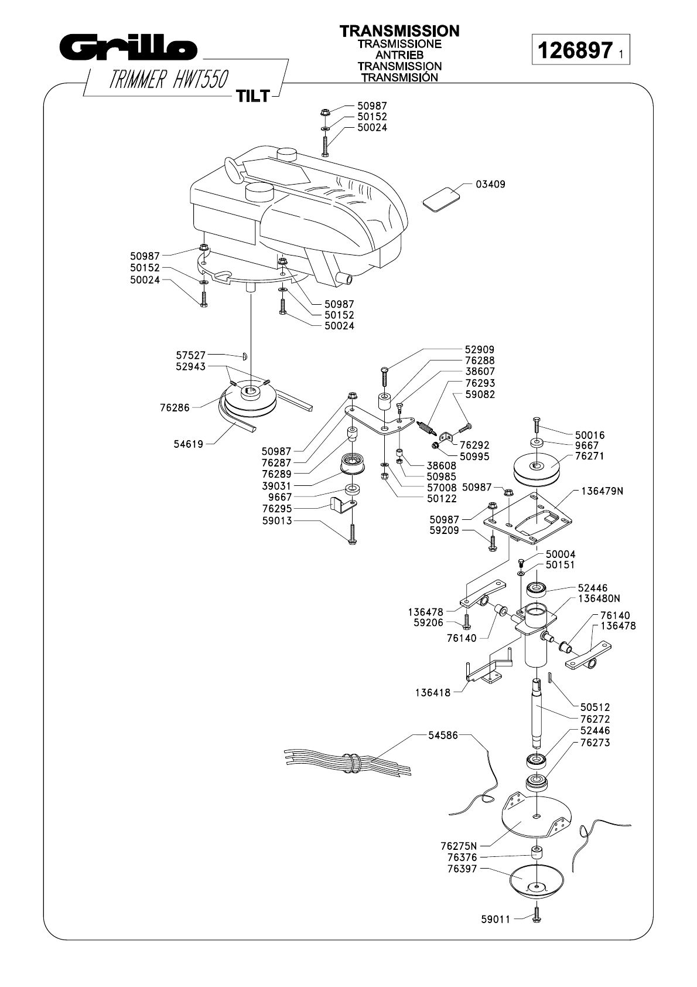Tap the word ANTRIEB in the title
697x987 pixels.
pyautogui.click(x=399, y=55)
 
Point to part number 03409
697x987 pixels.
pyautogui.click(x=490, y=185)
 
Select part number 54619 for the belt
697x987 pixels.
pyautogui.click(x=189, y=444)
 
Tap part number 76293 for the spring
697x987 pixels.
pyautogui.click(x=480, y=383)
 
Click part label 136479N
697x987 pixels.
pyautogui.click(x=602, y=491)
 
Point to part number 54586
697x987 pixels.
pyautogui.click(x=443, y=735)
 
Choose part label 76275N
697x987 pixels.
pyautogui.click(x=459, y=846)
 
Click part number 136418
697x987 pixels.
pyautogui.click(x=433, y=693)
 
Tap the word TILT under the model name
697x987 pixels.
pyautogui.click(x=252, y=96)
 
